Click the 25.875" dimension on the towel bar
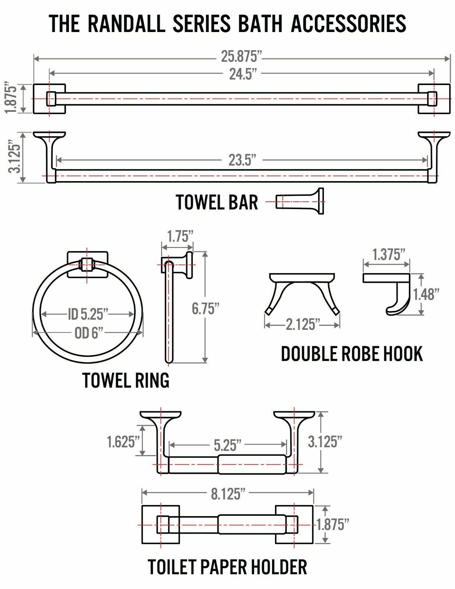click(x=241, y=57)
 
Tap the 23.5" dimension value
click(x=242, y=161)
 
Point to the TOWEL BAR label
click(x=217, y=202)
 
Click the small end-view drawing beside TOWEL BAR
click(x=300, y=201)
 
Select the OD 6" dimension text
click(x=88, y=334)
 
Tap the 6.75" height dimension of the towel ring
click(x=203, y=308)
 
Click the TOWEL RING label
click(x=126, y=380)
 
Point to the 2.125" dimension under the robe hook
click(x=301, y=325)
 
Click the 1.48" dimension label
click(x=426, y=294)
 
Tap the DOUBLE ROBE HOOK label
click(x=352, y=354)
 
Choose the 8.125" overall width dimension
click(x=228, y=494)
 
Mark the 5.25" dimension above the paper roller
click(x=227, y=445)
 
